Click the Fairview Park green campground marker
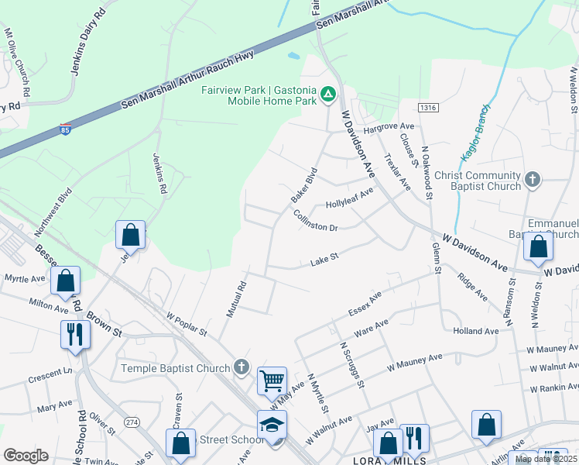pyautogui.click(x=328, y=94)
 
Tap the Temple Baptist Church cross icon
pyautogui.click(x=242, y=366)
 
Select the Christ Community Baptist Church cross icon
pyautogui.click(x=532, y=181)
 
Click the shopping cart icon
pyautogui.click(x=272, y=381)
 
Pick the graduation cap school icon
pyautogui.click(x=272, y=424)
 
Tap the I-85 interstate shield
pyautogui.click(x=66, y=130)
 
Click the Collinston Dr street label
pyautogui.click(x=316, y=222)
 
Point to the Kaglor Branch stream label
pyautogui.click(x=475, y=134)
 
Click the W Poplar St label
pyautogui.click(x=187, y=323)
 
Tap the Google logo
pyautogui.click(x=26, y=455)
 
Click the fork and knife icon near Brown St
pyautogui.click(x=75, y=334)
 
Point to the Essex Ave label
pyautogui.click(x=365, y=305)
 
